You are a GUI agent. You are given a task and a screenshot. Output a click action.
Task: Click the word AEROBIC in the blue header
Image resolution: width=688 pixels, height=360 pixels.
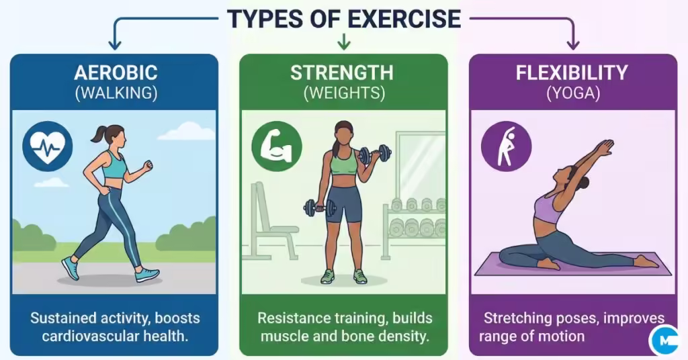point(116,73)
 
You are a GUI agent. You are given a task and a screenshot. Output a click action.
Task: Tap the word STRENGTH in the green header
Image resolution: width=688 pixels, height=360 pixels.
point(343,73)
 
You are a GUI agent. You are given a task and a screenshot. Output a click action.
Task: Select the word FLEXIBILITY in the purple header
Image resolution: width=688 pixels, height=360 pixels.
point(572,73)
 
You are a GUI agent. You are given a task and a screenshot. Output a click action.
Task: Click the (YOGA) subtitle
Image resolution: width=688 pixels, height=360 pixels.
point(572,93)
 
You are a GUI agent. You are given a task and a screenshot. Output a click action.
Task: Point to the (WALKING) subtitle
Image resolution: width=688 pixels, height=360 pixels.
point(116,93)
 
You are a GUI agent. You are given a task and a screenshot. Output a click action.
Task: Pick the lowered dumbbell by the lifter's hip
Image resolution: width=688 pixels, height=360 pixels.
point(318,208)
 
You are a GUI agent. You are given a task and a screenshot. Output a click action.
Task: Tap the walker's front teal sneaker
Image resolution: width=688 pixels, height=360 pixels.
point(147,274)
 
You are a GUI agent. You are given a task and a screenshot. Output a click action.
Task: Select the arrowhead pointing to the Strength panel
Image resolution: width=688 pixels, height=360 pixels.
point(343,45)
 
